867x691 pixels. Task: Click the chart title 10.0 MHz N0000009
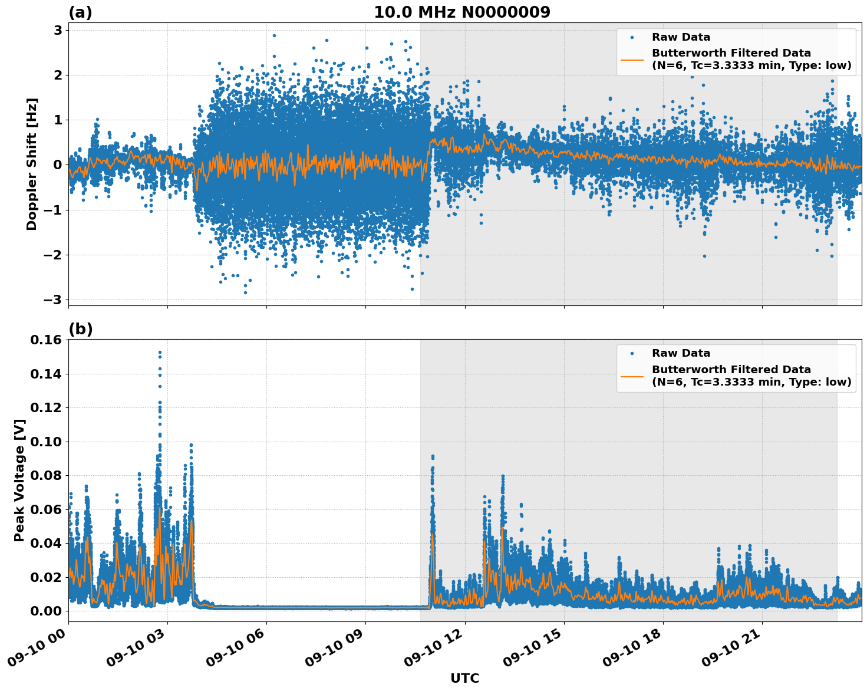pos(461,12)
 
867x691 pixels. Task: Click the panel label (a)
pos(80,12)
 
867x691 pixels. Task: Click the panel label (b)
pos(80,329)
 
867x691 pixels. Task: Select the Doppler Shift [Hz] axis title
pos(32,164)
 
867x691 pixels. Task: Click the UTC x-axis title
pos(464,678)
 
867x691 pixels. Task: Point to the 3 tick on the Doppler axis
pos(58,30)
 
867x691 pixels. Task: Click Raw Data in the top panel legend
pos(681,37)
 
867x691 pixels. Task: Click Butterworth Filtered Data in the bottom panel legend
pos(731,370)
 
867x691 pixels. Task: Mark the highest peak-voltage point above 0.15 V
pos(160,353)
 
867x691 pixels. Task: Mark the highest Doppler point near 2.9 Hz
pos(274,35)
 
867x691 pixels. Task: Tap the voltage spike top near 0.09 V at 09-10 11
pos(433,456)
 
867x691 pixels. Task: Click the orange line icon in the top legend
pos(632,59)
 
